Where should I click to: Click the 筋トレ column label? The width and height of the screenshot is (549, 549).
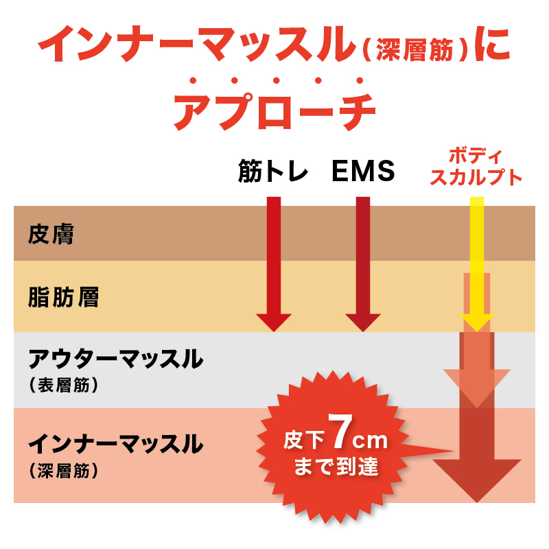272,171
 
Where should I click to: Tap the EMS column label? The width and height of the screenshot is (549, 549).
363,171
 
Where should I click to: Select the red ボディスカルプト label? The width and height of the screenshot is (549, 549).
476,167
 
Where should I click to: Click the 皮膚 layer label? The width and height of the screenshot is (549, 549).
51,234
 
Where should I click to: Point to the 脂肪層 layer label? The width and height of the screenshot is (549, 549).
63,297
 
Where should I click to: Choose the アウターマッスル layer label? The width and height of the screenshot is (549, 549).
115,358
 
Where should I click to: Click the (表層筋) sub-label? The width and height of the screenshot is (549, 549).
63,385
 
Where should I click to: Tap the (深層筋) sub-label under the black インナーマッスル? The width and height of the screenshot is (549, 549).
63,471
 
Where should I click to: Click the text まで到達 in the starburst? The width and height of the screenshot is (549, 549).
336,467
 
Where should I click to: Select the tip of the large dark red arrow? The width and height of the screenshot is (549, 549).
477,502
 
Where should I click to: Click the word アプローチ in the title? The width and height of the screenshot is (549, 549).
274,111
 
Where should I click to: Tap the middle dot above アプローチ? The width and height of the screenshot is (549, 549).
277,80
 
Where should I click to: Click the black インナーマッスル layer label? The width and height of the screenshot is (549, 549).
115,444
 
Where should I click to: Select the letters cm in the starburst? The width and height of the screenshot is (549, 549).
370,441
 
